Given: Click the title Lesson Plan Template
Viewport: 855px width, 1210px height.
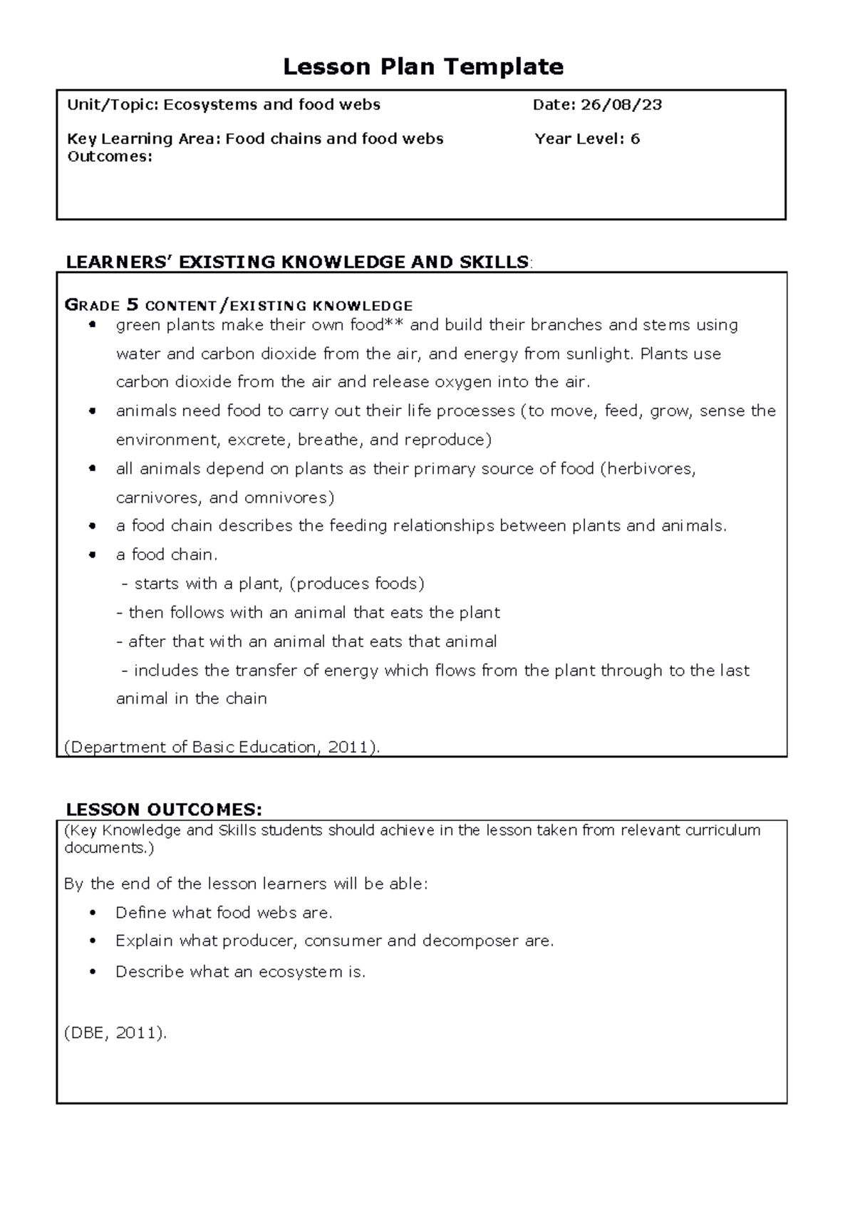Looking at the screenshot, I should [423, 66].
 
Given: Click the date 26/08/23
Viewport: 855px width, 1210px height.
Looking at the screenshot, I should [621, 105].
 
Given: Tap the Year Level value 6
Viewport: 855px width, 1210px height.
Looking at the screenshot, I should [635, 139].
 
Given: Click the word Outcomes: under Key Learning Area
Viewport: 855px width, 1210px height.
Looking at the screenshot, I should [110, 157].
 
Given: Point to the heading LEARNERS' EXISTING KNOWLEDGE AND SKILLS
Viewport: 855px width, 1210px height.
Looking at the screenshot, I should [297, 262].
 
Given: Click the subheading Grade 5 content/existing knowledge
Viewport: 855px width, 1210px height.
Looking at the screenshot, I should [239, 306].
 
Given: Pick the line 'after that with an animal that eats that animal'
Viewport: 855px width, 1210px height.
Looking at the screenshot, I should [306, 641].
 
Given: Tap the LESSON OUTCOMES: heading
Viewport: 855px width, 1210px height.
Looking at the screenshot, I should [164, 810].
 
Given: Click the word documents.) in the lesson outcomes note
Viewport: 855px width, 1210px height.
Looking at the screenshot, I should [108, 848].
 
